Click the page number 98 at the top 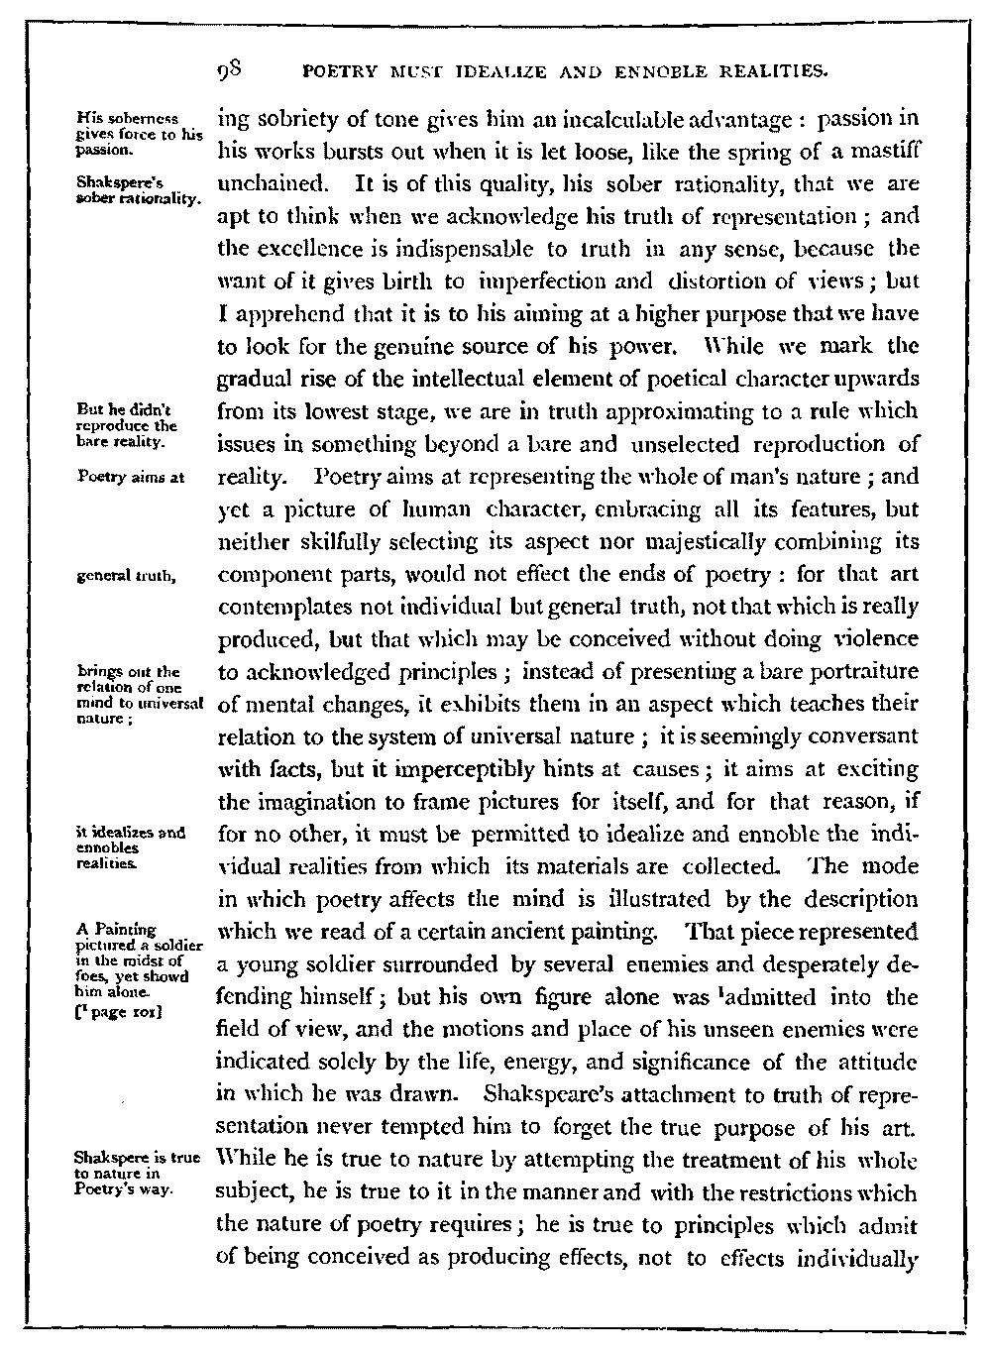pyautogui.click(x=235, y=70)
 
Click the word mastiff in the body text pyautogui.click(x=881, y=154)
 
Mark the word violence pyautogui.click(x=870, y=638)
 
